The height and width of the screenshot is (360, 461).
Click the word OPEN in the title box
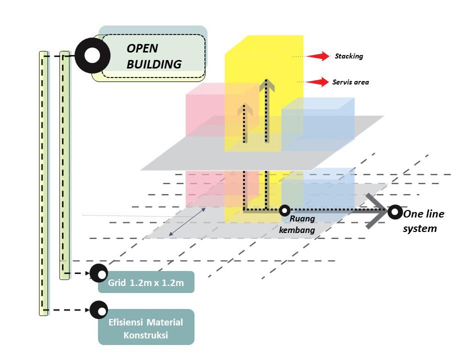click(142, 48)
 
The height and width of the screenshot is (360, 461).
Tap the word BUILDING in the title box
click(154, 64)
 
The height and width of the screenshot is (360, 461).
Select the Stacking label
click(349, 56)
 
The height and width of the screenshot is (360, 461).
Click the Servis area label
click(350, 82)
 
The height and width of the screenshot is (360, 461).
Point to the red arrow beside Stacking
click(318, 56)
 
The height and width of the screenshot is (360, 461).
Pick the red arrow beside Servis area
click(317, 82)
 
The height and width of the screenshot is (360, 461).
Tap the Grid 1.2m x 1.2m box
click(146, 282)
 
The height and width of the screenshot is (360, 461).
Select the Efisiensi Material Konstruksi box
click(146, 327)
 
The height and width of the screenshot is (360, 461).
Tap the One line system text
click(423, 221)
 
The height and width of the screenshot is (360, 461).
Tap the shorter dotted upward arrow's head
click(245, 109)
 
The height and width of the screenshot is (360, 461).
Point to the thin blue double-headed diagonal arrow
click(187, 222)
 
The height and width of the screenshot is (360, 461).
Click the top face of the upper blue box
click(318, 103)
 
